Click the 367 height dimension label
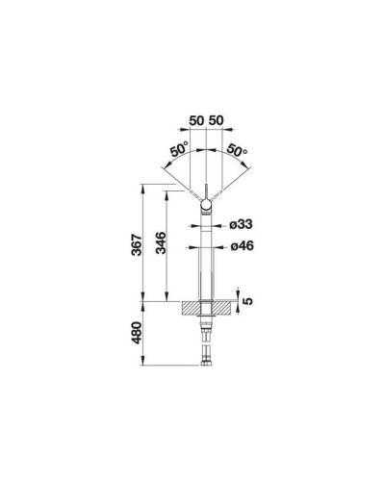137,245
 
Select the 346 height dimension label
161,242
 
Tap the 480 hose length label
137,333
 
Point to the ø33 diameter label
241,224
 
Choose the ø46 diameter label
242,246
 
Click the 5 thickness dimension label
248,301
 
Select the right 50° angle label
237,150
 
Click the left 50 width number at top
196,121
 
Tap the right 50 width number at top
216,121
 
